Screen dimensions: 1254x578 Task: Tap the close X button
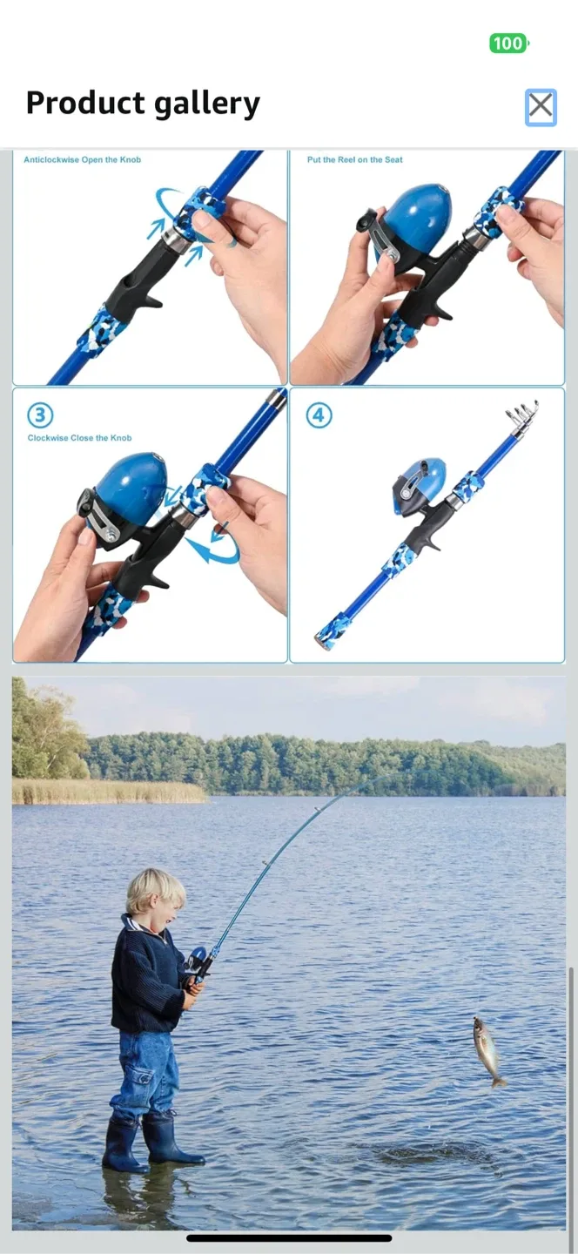pos(541,107)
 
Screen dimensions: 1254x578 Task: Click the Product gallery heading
pos(143,104)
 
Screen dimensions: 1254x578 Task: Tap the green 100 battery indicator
pos(508,44)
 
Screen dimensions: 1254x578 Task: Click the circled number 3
pos(40,414)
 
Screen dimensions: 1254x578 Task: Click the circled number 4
pos(319,415)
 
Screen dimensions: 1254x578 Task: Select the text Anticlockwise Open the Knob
pos(82,160)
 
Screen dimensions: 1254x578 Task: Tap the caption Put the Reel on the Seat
pos(354,160)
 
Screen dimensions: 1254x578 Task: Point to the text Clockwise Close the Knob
pos(79,438)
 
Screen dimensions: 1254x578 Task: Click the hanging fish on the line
pos(487,1050)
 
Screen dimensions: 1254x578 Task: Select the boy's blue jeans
pos(144,1075)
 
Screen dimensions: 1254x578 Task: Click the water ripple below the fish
pos(435,1154)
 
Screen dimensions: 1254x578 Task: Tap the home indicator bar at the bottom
pos(289,1237)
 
